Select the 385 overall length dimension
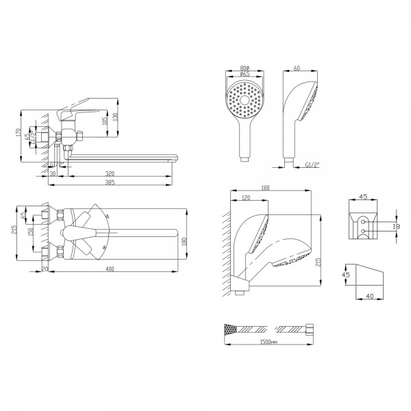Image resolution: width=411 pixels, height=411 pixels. (x=111, y=184)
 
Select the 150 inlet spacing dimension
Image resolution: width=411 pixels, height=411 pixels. (x=29, y=233)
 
